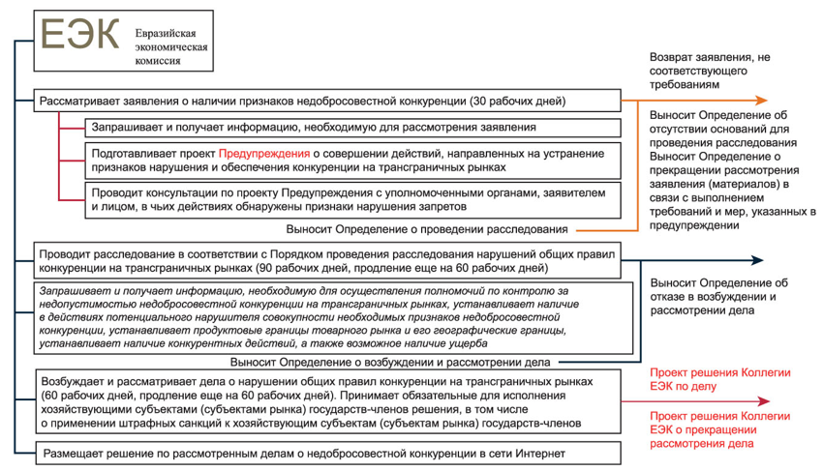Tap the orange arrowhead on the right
763,101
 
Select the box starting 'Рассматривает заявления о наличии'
324,101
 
